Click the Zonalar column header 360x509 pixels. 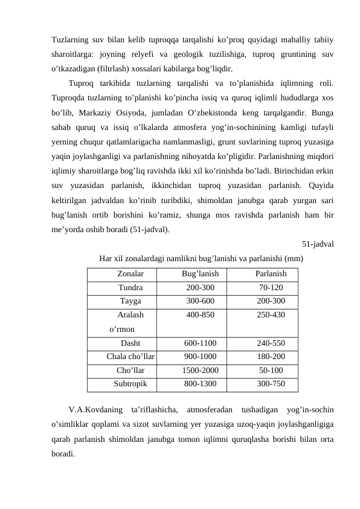click(x=130, y=274)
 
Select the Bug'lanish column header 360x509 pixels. click(x=200, y=274)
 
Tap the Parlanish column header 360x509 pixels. click(x=271, y=274)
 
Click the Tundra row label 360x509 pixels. click(x=130, y=288)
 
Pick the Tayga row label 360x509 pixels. click(x=130, y=301)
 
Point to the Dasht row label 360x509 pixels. click(x=130, y=343)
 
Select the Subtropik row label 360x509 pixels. click(x=130, y=383)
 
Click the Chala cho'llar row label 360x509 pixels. click(x=130, y=357)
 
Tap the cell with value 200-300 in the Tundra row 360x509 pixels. click(x=200, y=288)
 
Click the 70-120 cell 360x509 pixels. click(x=271, y=288)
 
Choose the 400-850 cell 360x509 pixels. click(x=200, y=315)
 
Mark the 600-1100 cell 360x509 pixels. click(x=200, y=343)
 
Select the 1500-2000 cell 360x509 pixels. click(x=200, y=370)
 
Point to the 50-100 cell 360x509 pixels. click(x=271, y=370)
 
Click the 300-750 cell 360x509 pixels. click(x=271, y=383)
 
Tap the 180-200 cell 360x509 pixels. click(x=271, y=357)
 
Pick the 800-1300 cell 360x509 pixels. click(x=200, y=383)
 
